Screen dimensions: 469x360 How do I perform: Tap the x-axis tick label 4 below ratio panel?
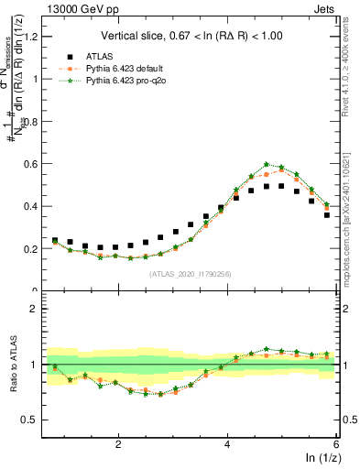point(227,443)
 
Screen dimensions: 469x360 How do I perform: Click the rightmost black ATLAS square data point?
point(327,215)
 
